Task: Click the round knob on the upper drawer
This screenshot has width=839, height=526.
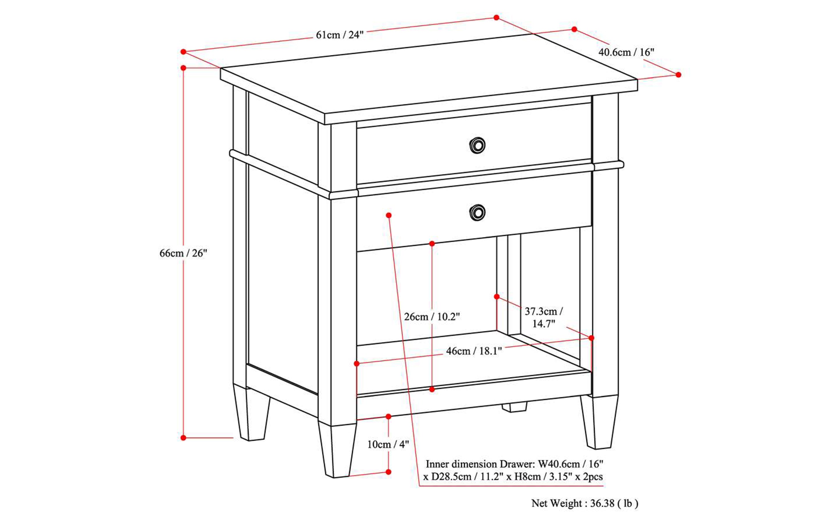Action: point(477,145)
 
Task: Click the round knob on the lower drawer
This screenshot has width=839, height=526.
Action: point(477,212)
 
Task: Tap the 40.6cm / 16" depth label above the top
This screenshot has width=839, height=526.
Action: point(626,52)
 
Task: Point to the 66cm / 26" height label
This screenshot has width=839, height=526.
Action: point(183,253)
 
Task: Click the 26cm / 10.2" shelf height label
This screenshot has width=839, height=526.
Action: point(432,316)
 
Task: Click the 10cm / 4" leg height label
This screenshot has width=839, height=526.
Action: point(388,444)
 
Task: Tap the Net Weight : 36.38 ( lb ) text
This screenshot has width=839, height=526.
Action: point(585,503)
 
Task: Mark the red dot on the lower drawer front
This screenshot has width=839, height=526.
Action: point(388,216)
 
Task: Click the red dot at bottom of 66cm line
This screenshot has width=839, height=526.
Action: point(183,438)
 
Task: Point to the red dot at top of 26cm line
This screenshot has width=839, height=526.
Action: point(432,244)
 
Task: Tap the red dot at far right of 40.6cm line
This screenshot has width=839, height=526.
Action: point(678,75)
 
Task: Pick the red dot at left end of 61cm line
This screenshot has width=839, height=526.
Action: point(183,52)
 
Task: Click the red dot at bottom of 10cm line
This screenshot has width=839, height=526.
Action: point(388,472)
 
